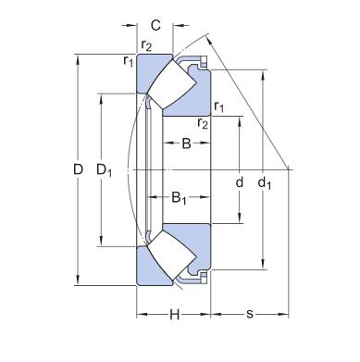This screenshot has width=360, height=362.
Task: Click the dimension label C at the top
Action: tap(155, 25)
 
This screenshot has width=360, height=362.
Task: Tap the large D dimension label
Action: tap(79, 169)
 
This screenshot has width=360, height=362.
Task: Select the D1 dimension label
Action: tap(104, 170)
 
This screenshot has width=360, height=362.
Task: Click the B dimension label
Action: tap(186, 144)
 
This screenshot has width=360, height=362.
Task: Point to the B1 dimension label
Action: tap(179, 198)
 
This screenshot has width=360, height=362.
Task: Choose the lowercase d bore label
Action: tap(240, 182)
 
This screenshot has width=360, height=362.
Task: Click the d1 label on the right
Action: tap(265, 183)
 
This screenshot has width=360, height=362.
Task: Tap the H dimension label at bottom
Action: tap(175, 315)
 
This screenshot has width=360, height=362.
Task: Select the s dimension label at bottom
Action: tap(250, 315)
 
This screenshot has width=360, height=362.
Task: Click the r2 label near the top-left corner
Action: tap(146, 45)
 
